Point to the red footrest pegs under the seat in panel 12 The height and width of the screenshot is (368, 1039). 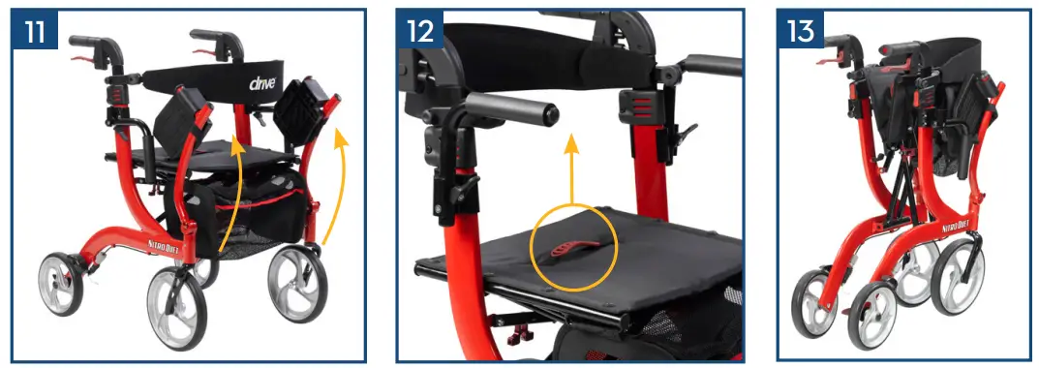pos(520,335)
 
